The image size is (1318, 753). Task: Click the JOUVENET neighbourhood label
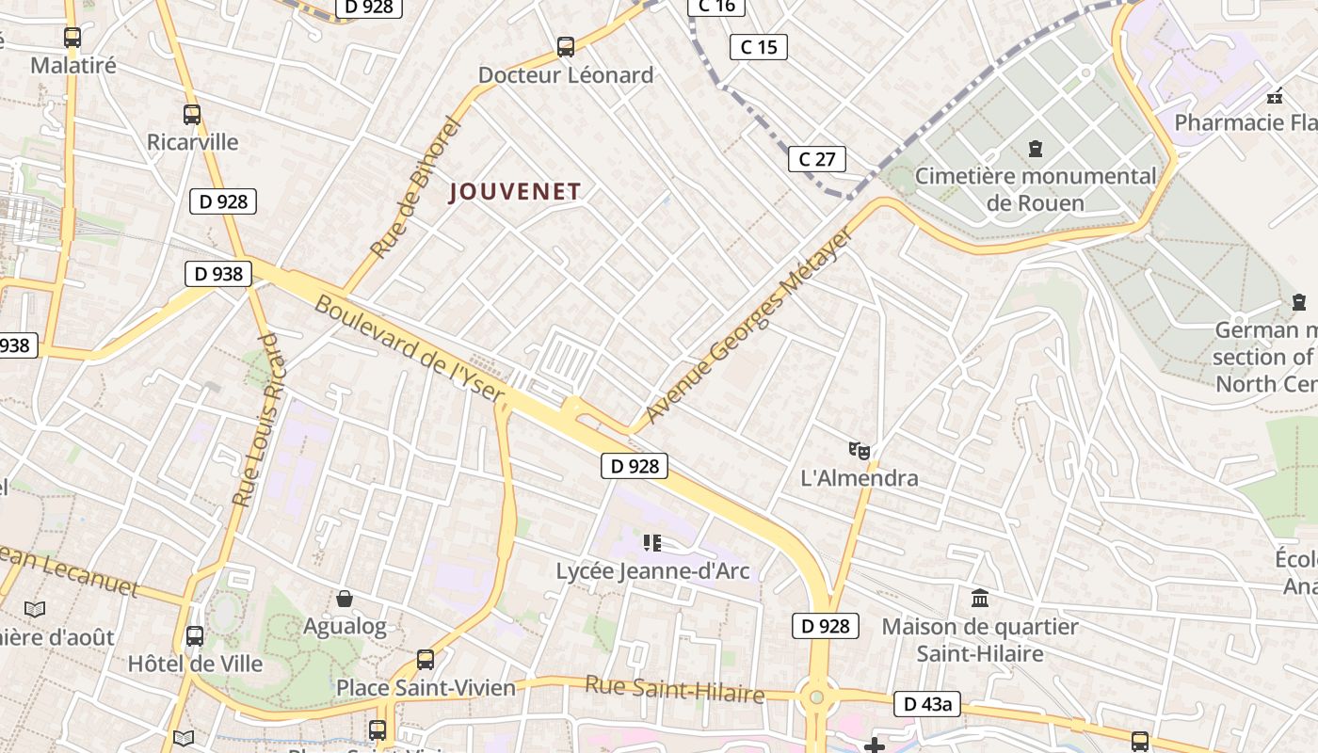pos(515,191)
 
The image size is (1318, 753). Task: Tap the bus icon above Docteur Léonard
pos(566,46)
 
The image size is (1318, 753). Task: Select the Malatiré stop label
pos(73,65)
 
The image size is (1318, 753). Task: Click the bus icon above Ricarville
pos(192,115)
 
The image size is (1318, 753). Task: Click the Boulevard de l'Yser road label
pos(409,349)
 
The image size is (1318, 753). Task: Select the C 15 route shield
pos(758,46)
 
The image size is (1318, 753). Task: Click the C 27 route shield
pos(816,159)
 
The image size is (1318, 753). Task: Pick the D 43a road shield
pos(927,703)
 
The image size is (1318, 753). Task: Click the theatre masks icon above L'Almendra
pos(860,451)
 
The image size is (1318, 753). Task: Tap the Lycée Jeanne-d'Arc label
pos(652,570)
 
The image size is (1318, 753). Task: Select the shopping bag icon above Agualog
pos(345,599)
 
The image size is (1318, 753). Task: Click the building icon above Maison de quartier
pos(980,598)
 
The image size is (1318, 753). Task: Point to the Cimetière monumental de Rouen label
pos(1036,188)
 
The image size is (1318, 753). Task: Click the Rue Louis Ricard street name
pos(257,420)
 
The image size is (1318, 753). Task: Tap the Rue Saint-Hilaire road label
pos(674,689)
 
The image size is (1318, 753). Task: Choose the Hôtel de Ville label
pos(196,663)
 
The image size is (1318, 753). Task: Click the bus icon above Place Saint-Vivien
pos(426,660)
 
